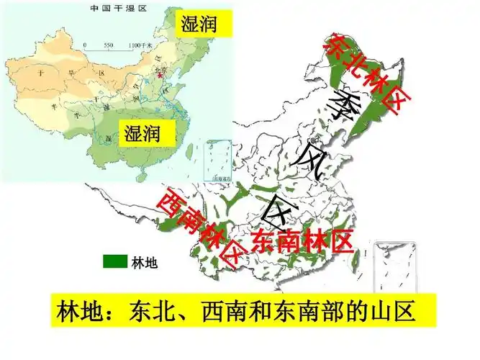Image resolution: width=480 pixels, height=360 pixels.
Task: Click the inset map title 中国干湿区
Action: tap(116, 9)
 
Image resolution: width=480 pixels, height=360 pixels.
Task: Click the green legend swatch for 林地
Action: tap(115, 261)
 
